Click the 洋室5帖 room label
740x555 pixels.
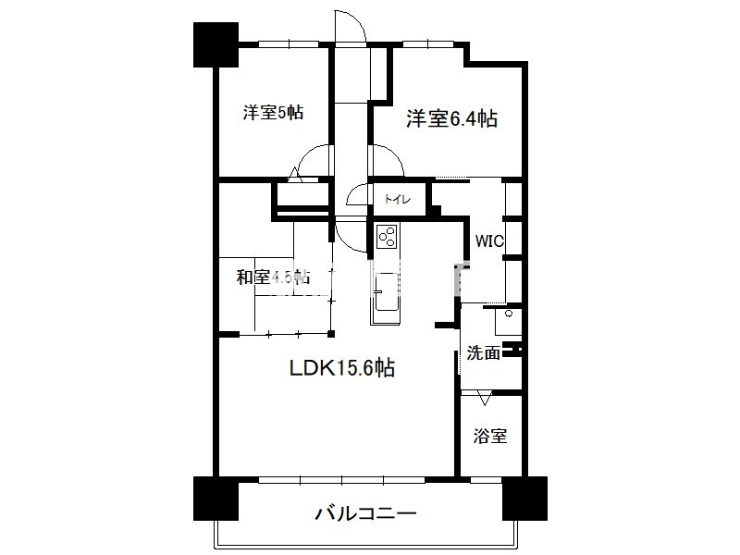pos(273,113)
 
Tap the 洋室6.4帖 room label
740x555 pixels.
pos(452,118)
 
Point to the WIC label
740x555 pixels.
pos(489,240)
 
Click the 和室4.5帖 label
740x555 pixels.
pos(272,277)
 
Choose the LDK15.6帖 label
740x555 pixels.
pos(342,368)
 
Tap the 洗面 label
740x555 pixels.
pos(483,352)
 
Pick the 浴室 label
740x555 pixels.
pos(490,436)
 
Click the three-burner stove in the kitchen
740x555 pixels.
pos(386,238)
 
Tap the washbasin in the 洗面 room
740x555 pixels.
pos(507,322)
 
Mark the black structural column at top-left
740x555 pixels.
pos(215,43)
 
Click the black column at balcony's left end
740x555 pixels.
pos(216,499)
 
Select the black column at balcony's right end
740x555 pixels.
pos(524,499)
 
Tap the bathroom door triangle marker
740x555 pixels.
pos(485,399)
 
